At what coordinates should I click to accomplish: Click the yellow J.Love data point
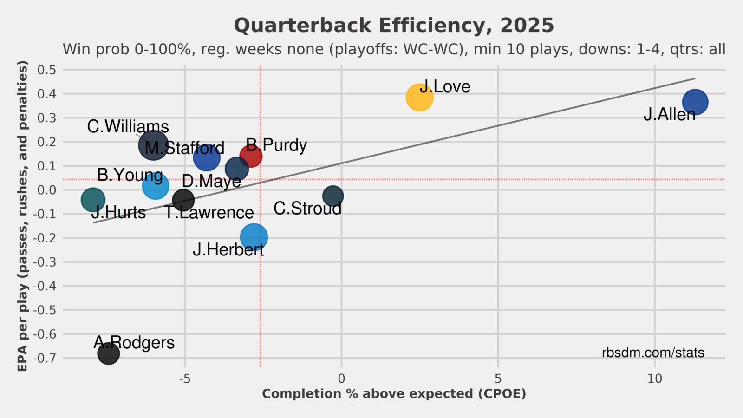pos(419,97)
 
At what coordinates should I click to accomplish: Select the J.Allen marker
pos(695,102)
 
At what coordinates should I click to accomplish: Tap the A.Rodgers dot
pos(108,353)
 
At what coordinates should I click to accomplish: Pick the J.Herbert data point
pos(254,237)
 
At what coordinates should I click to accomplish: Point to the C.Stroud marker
pos(333,196)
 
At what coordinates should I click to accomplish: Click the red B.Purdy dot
pos(251,156)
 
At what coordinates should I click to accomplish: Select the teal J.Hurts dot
pos(93,200)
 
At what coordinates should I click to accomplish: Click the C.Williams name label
pos(128,126)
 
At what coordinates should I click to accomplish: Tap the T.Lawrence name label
pos(209,213)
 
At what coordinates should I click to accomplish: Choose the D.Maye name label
pos(211,181)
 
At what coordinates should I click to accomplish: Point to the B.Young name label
pos(130,175)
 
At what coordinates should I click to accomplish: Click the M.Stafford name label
pos(184,148)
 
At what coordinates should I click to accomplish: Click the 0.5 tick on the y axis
pos(46,70)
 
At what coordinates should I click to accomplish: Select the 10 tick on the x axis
pos(655,379)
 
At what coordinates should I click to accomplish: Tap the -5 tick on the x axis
pos(185,379)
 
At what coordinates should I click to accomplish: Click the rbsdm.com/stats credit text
pos(653,353)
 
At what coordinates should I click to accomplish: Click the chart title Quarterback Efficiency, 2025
pos(394,26)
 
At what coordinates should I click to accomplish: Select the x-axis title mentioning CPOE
pos(394,394)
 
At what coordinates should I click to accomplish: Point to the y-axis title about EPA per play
pos(22,216)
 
